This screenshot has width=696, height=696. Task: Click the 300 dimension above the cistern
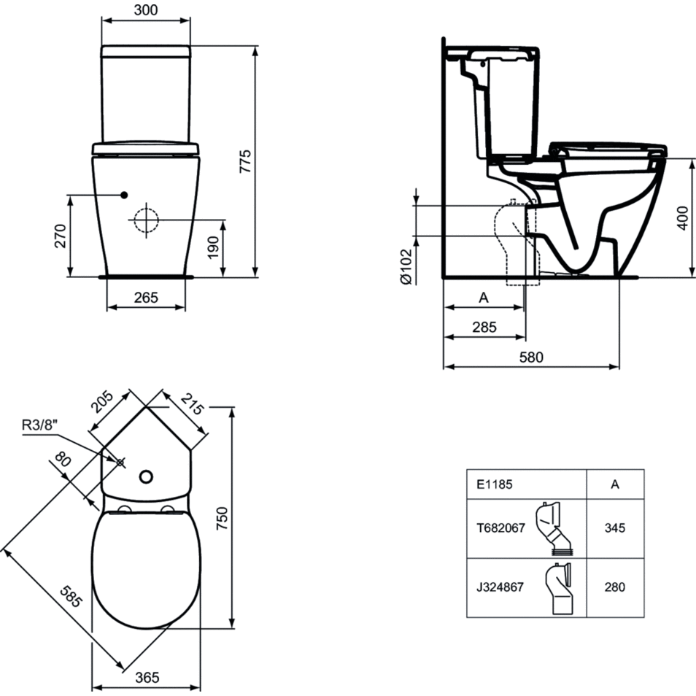pyautogui.click(x=146, y=9)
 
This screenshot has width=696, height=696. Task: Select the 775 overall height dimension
pyautogui.click(x=245, y=161)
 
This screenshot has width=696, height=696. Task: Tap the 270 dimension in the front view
pyautogui.click(x=60, y=236)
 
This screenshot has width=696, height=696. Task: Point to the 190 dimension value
pyautogui.click(x=213, y=247)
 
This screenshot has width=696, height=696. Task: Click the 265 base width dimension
pyautogui.click(x=146, y=298)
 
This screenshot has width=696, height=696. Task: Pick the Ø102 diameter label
pyautogui.click(x=406, y=266)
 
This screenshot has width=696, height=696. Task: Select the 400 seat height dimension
pyautogui.click(x=683, y=218)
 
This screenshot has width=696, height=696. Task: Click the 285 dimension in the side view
pyautogui.click(x=484, y=327)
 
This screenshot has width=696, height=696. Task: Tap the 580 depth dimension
pyautogui.click(x=531, y=357)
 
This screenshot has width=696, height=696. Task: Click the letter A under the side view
pyautogui.click(x=484, y=298)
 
